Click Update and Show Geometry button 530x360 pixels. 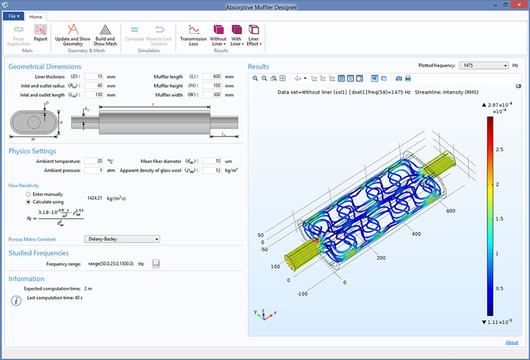coord(73,34)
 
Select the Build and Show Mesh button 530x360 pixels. coord(105,34)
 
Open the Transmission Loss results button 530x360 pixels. coord(193,34)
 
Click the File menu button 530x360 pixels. coord(15,16)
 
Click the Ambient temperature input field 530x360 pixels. coord(94,161)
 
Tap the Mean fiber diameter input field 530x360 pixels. coord(212,161)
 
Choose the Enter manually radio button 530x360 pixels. coord(28,194)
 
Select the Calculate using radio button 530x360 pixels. coord(28,202)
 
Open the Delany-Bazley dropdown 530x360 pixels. coord(122,239)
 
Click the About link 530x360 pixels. coord(511,342)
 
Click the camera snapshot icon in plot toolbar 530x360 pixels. coord(399,78)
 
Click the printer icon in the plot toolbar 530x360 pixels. coord(408,78)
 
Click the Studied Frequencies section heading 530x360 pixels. coord(38,253)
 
